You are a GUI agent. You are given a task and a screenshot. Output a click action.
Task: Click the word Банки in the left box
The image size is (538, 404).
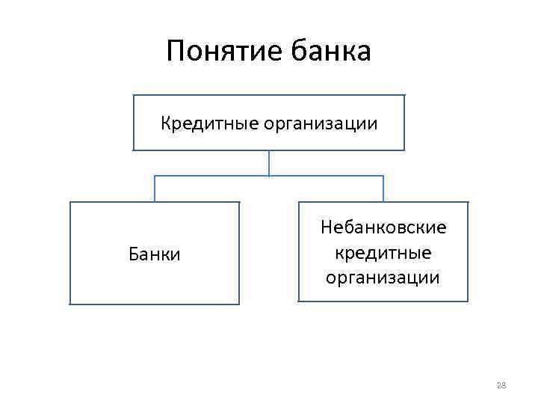155,254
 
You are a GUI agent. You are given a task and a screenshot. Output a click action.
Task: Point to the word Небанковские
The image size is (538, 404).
383,227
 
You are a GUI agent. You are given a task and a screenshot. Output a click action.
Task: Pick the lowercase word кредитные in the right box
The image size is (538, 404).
383,252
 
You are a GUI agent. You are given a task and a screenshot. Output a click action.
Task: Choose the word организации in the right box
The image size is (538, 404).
383,278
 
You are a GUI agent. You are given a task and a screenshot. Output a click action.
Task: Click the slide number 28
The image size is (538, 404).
501,385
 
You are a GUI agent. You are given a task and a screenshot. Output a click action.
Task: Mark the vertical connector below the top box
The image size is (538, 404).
269,162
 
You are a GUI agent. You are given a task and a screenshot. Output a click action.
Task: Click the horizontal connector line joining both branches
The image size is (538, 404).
224,177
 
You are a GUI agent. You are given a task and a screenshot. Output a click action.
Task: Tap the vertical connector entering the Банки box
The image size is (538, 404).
155,189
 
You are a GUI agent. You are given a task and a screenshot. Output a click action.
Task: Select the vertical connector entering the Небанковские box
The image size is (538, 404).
383,189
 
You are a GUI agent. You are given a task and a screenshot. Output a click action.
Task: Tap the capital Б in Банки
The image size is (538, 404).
134,254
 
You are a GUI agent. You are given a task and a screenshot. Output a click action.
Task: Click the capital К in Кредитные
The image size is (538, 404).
166,122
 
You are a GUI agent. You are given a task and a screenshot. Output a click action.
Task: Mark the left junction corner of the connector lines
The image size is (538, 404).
155,177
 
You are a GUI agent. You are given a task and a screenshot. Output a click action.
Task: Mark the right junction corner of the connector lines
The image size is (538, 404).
383,177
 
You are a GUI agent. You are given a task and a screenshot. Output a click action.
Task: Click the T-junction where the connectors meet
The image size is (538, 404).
269,177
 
